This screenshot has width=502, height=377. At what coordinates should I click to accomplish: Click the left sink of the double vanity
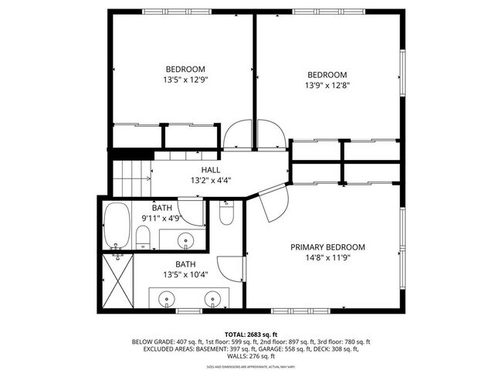point(168,298)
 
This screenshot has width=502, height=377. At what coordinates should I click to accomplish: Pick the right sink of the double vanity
point(212,298)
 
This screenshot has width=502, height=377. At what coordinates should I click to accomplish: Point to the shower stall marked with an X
point(117,282)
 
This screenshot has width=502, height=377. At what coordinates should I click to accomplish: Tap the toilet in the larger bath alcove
point(226,212)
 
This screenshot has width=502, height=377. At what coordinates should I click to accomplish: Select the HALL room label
point(211,170)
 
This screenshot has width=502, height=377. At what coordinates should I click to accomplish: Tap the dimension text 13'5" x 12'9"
point(185,79)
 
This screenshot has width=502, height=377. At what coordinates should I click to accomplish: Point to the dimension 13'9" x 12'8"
point(327,85)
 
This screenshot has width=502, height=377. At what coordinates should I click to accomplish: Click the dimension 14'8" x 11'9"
point(327,258)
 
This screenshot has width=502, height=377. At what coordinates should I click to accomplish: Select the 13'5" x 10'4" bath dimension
point(185,274)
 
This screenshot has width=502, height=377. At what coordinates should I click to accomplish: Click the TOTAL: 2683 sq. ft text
point(250,333)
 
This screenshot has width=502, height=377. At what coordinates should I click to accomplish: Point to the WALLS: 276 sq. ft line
point(251,356)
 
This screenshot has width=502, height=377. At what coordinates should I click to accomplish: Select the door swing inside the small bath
point(191,211)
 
